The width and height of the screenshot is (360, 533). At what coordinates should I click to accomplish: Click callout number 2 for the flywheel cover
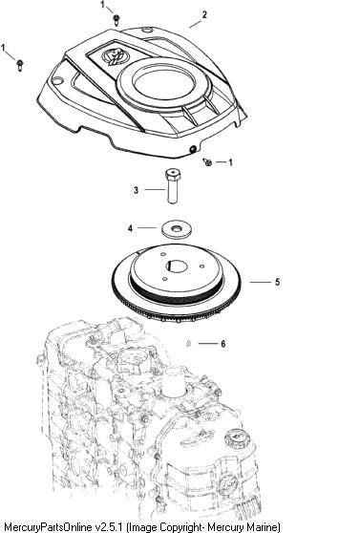tap(204, 14)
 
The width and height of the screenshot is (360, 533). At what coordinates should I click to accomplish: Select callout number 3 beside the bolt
tap(136, 190)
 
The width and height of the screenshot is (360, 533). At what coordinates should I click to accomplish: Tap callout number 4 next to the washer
tap(130, 228)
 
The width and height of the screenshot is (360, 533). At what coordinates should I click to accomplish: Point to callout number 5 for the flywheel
tap(277, 282)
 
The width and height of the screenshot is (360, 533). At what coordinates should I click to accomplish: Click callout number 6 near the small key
tap(223, 344)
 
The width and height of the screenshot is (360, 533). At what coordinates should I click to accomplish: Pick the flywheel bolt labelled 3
tap(173, 186)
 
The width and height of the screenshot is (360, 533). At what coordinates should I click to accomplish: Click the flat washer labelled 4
tap(176, 229)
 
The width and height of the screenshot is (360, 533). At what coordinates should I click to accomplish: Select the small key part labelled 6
tap(188, 344)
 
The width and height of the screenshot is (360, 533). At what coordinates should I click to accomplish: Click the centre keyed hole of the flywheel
tap(177, 266)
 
